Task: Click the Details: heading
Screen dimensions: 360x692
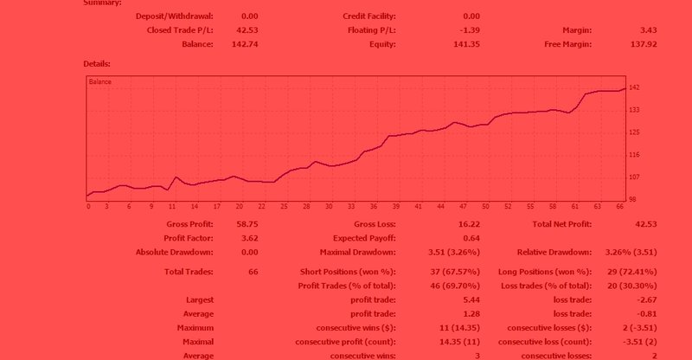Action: tap(97, 64)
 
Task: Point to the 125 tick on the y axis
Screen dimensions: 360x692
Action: tap(633, 132)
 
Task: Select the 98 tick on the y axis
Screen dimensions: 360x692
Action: tap(631, 200)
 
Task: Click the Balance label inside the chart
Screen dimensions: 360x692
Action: tap(100, 82)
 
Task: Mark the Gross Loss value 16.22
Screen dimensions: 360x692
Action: tap(468, 224)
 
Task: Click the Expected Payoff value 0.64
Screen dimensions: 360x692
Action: tap(471, 238)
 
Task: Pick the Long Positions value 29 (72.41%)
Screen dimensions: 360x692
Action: tap(636, 272)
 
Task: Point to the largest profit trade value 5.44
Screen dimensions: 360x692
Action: tap(471, 299)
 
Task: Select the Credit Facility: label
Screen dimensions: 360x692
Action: tap(369, 16)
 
